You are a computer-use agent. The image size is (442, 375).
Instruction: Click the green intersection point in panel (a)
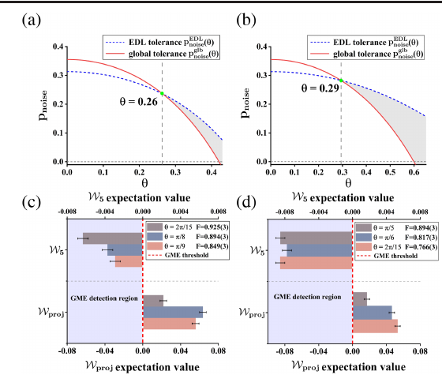click(x=162, y=93)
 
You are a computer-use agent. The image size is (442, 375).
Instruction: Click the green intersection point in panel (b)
click(x=341, y=81)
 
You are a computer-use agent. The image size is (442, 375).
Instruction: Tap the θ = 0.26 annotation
click(x=138, y=102)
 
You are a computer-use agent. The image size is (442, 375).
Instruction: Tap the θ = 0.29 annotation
click(x=320, y=88)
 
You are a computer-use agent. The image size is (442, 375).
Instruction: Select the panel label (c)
click(x=32, y=202)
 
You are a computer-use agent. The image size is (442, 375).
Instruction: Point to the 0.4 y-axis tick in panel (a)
click(x=58, y=47)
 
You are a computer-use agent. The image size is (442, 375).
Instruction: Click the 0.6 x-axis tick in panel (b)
click(x=414, y=172)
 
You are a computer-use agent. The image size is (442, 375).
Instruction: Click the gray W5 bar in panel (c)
click(x=112, y=238)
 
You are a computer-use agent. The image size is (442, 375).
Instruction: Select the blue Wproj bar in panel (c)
click(x=173, y=312)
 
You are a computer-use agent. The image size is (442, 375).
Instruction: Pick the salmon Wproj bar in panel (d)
click(x=375, y=326)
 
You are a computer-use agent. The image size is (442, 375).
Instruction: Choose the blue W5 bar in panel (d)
click(x=320, y=250)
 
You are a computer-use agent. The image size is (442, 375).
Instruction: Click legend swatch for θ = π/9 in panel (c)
click(x=155, y=246)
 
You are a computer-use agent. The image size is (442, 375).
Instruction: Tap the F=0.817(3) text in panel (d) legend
click(x=421, y=238)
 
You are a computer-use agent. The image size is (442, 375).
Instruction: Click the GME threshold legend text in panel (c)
click(x=186, y=255)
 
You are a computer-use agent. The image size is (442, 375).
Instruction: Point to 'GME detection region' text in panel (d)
click(x=307, y=297)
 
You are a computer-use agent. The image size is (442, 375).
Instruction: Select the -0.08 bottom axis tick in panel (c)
click(x=67, y=351)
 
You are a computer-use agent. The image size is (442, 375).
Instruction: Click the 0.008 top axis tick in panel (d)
click(x=420, y=212)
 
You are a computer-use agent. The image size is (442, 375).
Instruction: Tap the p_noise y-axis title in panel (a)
click(x=43, y=106)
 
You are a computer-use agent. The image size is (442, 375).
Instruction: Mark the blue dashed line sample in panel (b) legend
click(x=320, y=43)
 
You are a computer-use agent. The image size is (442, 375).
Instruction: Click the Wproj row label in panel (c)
click(x=51, y=312)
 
